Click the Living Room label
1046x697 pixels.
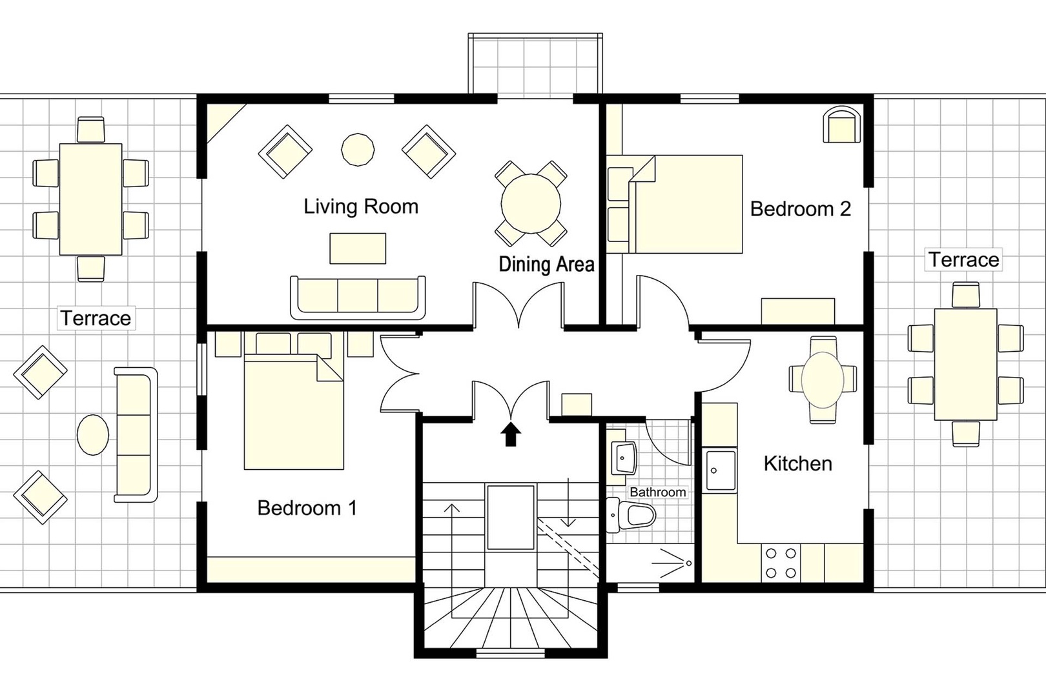click(361, 207)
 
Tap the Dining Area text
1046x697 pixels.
click(546, 264)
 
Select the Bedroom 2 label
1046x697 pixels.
click(800, 209)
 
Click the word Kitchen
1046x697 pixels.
click(797, 463)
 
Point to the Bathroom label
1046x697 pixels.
click(657, 492)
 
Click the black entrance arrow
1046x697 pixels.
click(511, 434)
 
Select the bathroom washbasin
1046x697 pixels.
click(623, 458)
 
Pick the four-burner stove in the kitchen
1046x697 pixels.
click(780, 562)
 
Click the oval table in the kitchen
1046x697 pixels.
click(822, 380)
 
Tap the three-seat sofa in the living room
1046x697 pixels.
click(358, 297)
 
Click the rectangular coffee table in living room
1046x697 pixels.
click(358, 248)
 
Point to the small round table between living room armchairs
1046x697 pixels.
click(357, 150)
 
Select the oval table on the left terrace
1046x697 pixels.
click(93, 434)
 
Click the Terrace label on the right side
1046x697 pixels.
click(963, 259)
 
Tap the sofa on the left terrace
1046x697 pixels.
click(136, 434)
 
